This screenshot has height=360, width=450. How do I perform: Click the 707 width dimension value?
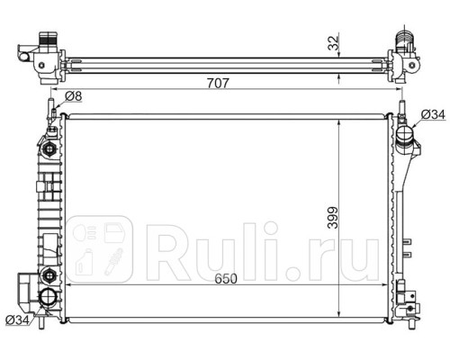(x=218, y=83)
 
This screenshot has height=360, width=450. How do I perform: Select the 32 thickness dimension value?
(x=333, y=42)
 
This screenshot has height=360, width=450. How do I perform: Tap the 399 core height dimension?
(x=333, y=218)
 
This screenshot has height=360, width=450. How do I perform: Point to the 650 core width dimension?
(x=226, y=279)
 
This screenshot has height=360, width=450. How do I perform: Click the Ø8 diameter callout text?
(x=73, y=96)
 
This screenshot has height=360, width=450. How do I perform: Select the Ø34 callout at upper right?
(x=433, y=114)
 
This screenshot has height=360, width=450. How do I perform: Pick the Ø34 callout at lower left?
(x=18, y=320)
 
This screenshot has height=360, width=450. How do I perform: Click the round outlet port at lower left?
(x=48, y=297)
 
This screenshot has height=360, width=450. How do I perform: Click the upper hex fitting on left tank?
(x=49, y=148)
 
